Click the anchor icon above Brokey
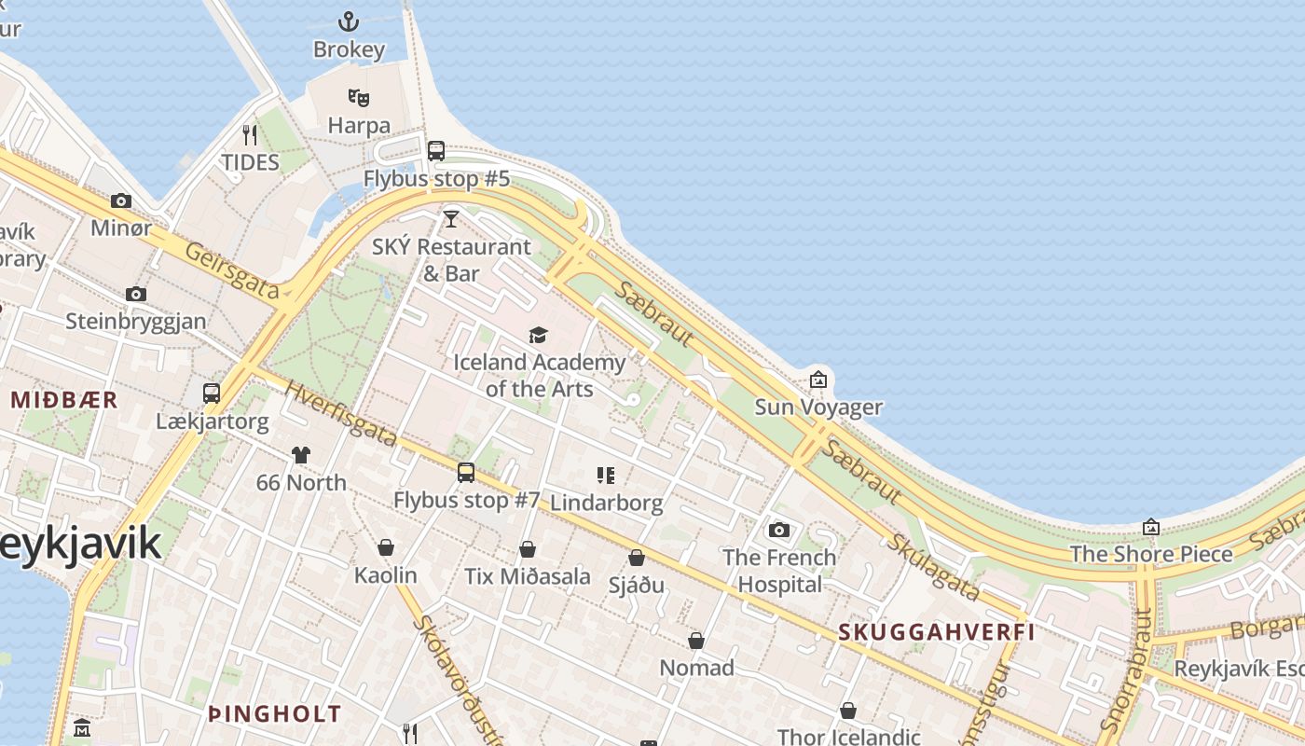tap(349, 21)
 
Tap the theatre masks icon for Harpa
tap(359, 97)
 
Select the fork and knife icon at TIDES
tap(250, 135)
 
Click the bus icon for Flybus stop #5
tap(436, 151)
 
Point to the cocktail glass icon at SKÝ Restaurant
tap(451, 219)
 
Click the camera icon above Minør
tap(121, 200)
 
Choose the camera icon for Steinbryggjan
tap(136, 295)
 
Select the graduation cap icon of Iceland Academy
tap(538, 336)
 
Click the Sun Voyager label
tap(817, 407)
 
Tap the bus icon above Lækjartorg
tap(212, 394)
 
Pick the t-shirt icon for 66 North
tap(300, 455)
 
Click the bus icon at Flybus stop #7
tap(466, 473)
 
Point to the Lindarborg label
tap(606, 503)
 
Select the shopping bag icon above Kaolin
tap(386, 547)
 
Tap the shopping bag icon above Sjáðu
tap(637, 558)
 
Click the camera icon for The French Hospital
tap(779, 531)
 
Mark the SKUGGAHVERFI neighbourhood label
tap(936, 632)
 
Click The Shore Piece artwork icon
tap(1151, 528)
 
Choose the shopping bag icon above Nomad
tap(696, 641)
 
